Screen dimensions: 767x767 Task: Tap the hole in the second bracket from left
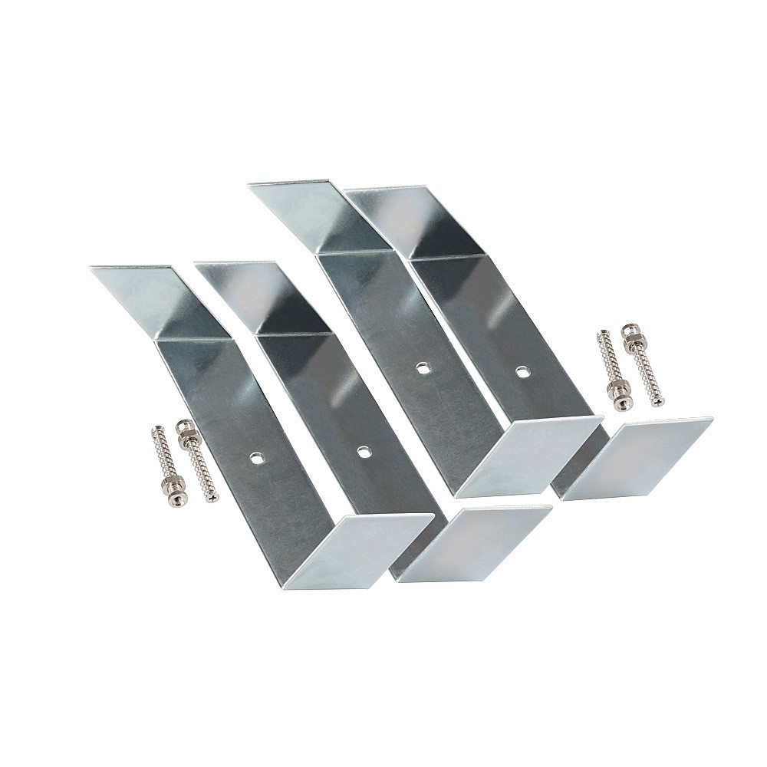point(363,451)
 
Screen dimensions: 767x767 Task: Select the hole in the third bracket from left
point(421,368)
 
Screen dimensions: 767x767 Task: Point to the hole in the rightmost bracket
point(522,372)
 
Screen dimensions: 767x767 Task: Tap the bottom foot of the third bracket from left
point(529,456)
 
